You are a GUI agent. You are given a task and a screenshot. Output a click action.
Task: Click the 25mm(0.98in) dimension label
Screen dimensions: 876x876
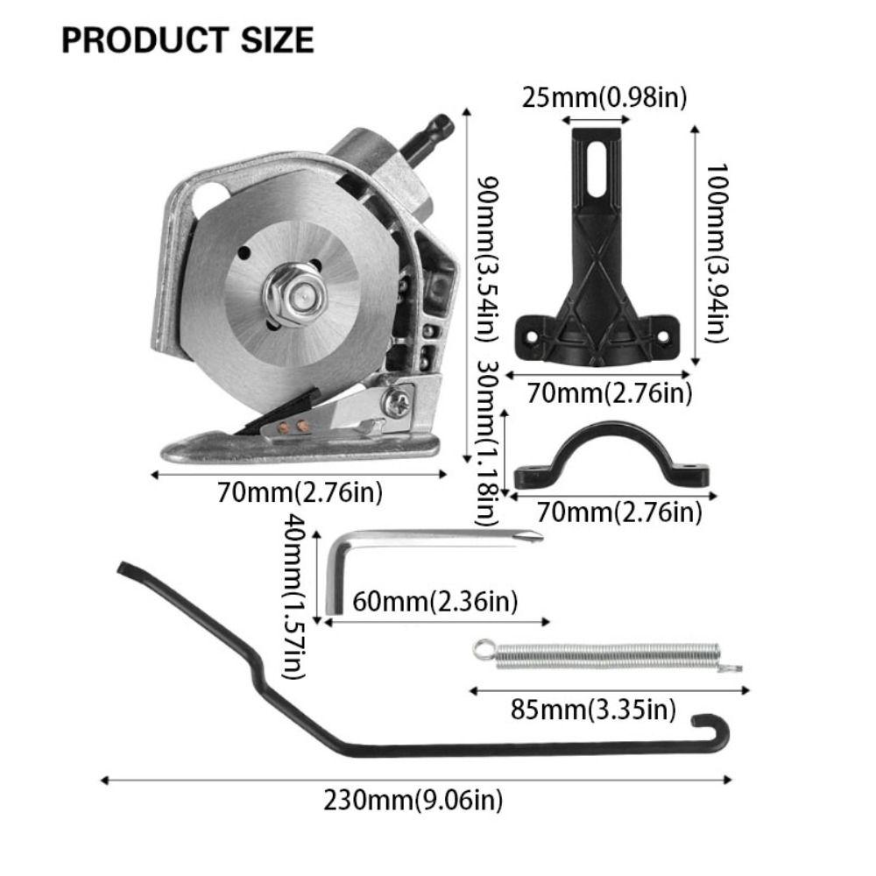click(604, 97)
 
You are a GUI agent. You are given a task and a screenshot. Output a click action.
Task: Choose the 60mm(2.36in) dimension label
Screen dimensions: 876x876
click(434, 602)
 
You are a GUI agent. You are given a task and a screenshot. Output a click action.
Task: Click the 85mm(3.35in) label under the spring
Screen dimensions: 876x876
click(593, 708)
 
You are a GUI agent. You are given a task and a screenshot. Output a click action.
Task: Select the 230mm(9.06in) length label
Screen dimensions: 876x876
click(413, 799)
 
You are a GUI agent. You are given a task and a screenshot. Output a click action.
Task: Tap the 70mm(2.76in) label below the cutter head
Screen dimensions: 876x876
click(300, 493)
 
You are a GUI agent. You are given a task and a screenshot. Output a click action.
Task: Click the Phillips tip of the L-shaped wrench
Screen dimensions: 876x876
click(532, 536)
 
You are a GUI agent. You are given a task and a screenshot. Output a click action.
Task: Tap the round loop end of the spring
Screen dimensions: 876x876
click(481, 649)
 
